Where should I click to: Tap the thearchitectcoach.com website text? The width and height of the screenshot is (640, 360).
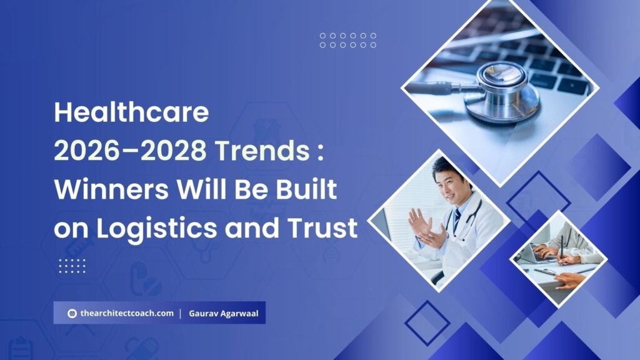tap(127, 313)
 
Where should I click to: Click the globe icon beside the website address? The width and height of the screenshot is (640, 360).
tap(72, 313)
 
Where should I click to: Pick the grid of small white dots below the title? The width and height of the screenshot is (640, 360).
tap(72, 265)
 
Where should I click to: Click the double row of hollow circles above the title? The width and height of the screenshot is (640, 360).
tap(347, 40)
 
